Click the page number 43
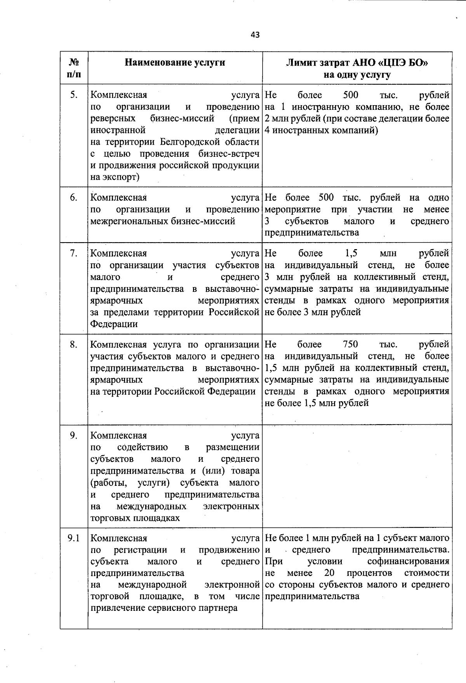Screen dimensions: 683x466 [255, 35]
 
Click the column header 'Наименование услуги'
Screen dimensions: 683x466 [175, 62]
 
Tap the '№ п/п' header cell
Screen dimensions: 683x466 [74, 68]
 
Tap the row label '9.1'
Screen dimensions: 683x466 [73, 538]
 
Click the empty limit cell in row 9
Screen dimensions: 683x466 [357, 476]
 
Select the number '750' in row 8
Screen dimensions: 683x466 [350, 344]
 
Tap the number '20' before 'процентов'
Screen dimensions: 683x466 [329, 573]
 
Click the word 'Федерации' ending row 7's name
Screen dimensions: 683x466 [114, 324]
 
